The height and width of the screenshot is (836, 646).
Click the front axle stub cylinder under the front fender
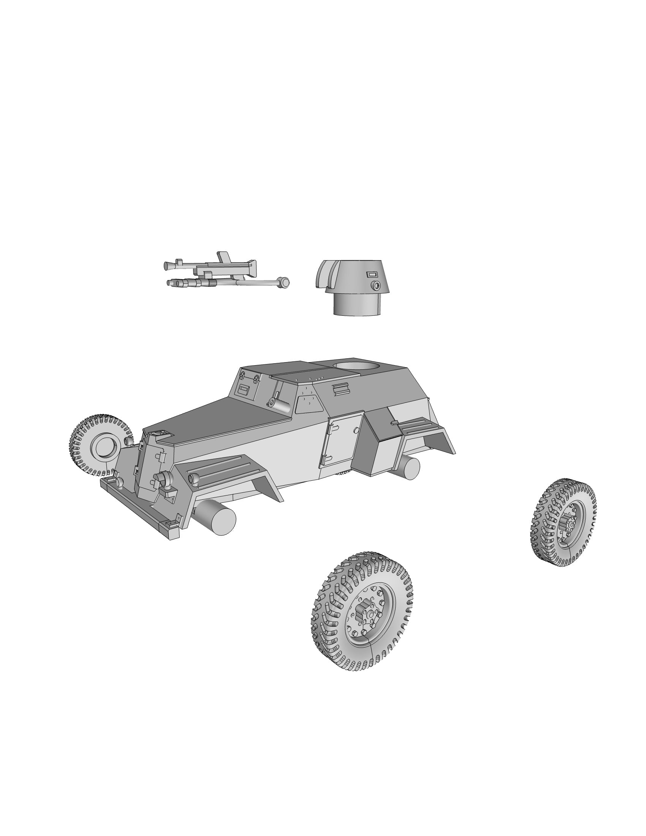(x=216, y=518)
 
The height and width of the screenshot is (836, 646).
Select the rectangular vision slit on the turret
(x=372, y=274)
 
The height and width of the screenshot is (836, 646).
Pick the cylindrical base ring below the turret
(x=358, y=304)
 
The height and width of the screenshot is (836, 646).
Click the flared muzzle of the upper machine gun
(x=167, y=265)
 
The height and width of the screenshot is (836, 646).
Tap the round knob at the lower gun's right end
(x=284, y=282)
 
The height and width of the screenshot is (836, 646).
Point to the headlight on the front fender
(x=194, y=478)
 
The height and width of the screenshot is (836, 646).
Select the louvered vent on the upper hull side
(x=341, y=389)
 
